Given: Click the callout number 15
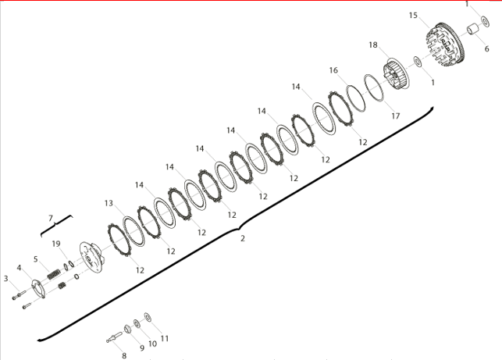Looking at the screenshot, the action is coord(413,16).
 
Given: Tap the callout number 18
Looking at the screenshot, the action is coord(373,45).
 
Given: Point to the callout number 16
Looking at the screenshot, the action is coord(333,70).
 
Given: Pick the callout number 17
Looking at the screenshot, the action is coord(396,116).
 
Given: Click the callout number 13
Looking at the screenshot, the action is coord(109,203).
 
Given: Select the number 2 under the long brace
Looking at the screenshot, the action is coord(243,239).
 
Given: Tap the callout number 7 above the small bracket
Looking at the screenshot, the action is coord(51,218).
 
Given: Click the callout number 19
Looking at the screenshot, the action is coord(56,244).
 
